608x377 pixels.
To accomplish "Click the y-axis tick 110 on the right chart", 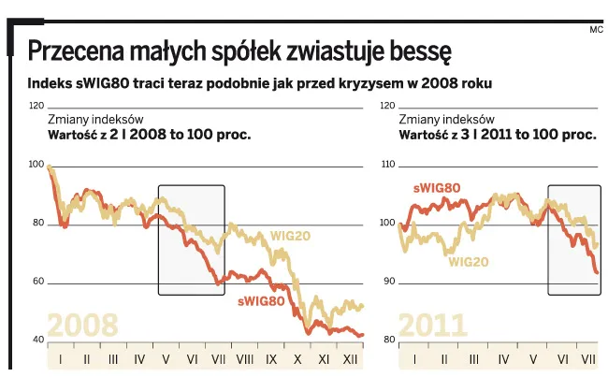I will (389, 164).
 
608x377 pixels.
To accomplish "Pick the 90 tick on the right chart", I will (390, 282).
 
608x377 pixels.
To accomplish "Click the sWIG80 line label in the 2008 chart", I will (261, 301).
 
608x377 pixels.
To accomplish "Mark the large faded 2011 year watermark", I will (432, 325).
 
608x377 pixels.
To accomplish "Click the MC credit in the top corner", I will (595, 29).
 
